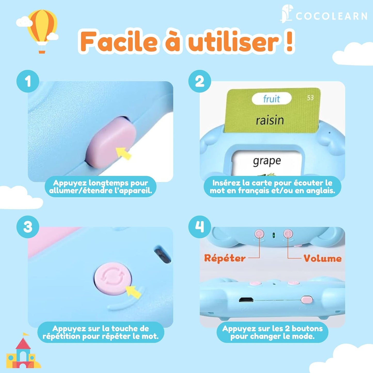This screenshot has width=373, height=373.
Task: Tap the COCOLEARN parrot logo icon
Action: (x=286, y=13)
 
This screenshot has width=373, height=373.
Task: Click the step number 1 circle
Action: (x=28, y=81)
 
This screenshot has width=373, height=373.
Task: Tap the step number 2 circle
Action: (x=200, y=81)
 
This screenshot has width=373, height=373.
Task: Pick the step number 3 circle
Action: (x=28, y=227)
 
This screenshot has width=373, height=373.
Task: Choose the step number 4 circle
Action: (x=200, y=227)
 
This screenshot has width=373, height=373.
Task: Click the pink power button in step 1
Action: (x=111, y=142)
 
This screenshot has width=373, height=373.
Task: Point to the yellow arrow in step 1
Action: (x=123, y=153)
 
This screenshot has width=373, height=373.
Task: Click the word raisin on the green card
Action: (x=270, y=120)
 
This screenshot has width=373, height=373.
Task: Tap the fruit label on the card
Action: (x=271, y=99)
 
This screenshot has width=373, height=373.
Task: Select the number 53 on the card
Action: (x=310, y=98)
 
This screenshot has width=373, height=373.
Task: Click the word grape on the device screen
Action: (x=267, y=161)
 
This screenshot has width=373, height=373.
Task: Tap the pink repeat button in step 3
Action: (x=113, y=278)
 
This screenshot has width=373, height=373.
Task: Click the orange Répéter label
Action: (x=225, y=258)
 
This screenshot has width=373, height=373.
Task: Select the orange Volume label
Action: (x=322, y=258)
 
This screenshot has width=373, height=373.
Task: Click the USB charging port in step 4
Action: (x=246, y=300)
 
